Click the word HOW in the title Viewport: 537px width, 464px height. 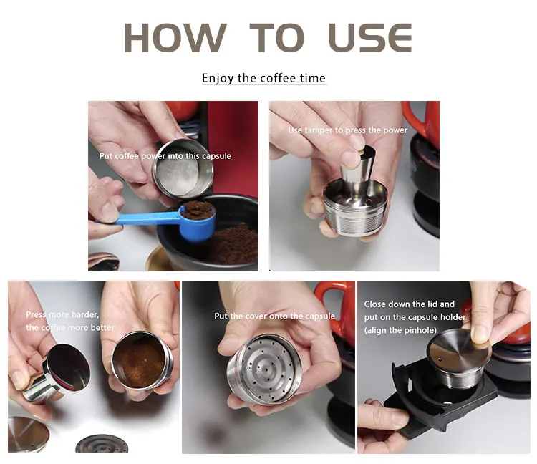click(175, 38)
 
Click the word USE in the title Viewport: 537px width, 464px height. click(370, 38)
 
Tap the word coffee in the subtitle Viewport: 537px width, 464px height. click(278, 78)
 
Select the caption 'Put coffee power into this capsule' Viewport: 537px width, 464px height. click(165, 156)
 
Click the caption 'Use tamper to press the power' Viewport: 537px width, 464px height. click(347, 130)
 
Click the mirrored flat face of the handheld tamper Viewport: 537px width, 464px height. click(69, 367)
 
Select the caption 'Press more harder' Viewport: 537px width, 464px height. click(62, 314)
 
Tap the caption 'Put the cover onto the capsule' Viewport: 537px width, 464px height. click(274, 316)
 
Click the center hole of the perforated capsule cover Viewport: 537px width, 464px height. click(266, 369)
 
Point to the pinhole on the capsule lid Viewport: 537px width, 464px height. click(440, 359)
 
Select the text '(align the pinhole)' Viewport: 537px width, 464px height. click(400, 330)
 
